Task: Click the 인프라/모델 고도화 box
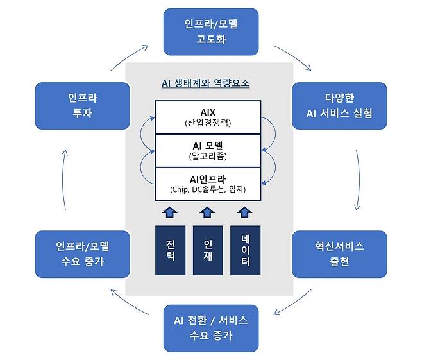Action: [x=211, y=31]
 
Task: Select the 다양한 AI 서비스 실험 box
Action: [x=339, y=105]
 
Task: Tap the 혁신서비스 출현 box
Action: [x=339, y=253]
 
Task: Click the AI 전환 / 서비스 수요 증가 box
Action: [x=211, y=328]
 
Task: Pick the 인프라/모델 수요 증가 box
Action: [x=82, y=253]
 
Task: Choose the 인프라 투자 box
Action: [x=82, y=105]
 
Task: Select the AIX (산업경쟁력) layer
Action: [x=208, y=117]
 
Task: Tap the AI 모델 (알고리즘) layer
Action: [x=208, y=150]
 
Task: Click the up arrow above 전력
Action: [x=170, y=212]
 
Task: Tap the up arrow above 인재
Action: [x=207, y=212]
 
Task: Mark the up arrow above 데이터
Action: [x=246, y=212]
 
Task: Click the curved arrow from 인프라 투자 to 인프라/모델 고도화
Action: [x=128, y=56]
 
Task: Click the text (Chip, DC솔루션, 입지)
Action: [x=208, y=190]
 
